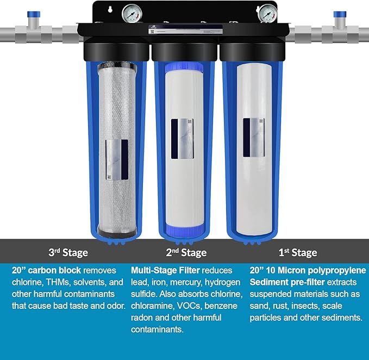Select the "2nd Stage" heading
(x=186, y=253)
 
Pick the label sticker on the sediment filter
(x=254, y=135)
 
